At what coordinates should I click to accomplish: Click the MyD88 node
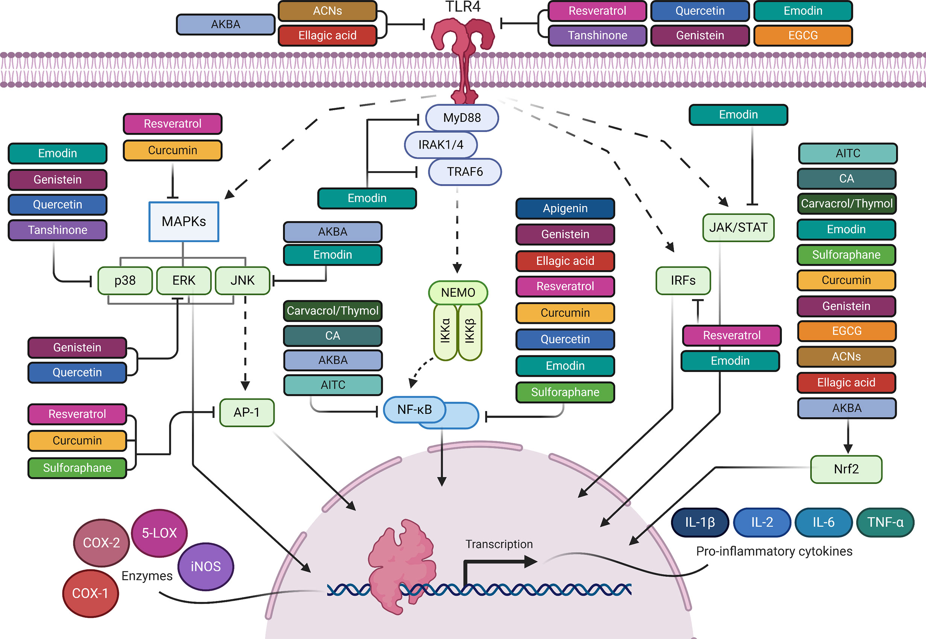tap(462, 118)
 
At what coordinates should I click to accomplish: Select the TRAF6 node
tap(465, 172)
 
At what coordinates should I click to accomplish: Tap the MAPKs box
tap(184, 222)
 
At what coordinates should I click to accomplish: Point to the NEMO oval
tap(458, 293)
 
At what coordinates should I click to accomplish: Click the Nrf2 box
tap(846, 469)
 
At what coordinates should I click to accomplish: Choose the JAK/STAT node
tap(738, 228)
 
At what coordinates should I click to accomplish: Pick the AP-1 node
tap(247, 412)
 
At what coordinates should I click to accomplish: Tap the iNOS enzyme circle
tap(205, 566)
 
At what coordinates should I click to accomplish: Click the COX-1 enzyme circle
tap(91, 593)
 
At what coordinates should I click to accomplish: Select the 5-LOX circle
tap(159, 533)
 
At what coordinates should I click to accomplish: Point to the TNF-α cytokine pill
tap(885, 522)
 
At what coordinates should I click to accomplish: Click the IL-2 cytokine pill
tap(762, 522)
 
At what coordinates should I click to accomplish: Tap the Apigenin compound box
tap(565, 208)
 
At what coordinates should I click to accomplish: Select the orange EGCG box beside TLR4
tap(803, 35)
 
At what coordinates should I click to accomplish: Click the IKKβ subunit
tap(470, 331)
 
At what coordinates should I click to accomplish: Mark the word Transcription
tap(499, 544)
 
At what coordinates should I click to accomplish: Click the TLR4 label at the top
tap(462, 7)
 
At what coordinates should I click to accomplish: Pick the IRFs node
tap(683, 280)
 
